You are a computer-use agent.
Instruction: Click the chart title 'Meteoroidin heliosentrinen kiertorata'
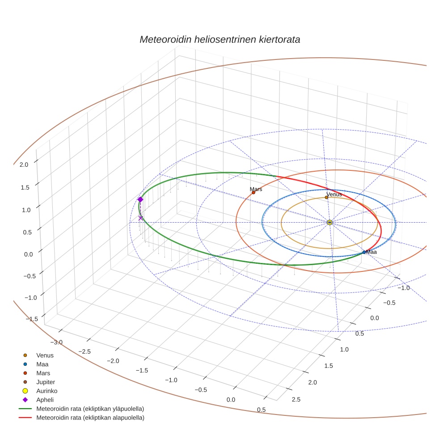pyautogui.click(x=220, y=39)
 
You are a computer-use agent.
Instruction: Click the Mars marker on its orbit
pyautogui.click(x=254, y=193)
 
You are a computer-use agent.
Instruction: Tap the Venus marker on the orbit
pyautogui.click(x=326, y=197)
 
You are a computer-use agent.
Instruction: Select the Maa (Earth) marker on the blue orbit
pyautogui.click(x=364, y=252)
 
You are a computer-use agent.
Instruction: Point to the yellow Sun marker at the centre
pyautogui.click(x=330, y=222)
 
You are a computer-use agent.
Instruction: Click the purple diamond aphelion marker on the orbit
pyautogui.click(x=140, y=199)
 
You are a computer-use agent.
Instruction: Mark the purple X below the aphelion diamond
pyautogui.click(x=141, y=218)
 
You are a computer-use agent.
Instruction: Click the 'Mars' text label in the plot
pyautogui.click(x=256, y=189)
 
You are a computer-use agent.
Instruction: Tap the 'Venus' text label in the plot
pyautogui.click(x=334, y=194)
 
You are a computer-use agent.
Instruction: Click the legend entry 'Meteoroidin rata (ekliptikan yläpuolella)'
pyautogui.click(x=90, y=409)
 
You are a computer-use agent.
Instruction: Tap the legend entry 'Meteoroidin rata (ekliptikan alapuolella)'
pyautogui.click(x=90, y=418)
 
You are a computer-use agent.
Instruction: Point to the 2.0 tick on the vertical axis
pyautogui.click(x=24, y=165)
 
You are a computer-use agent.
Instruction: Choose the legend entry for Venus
pyautogui.click(x=45, y=355)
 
